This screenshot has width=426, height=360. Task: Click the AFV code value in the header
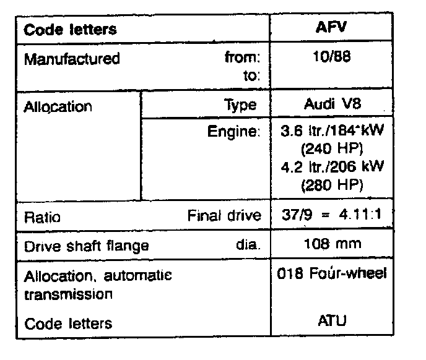338,28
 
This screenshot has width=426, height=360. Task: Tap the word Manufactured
72,59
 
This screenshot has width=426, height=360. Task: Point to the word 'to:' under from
253,77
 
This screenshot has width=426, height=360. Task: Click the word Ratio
41,218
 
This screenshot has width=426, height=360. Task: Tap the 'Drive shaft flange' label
87,246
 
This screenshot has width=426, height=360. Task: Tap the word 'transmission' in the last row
68,294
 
